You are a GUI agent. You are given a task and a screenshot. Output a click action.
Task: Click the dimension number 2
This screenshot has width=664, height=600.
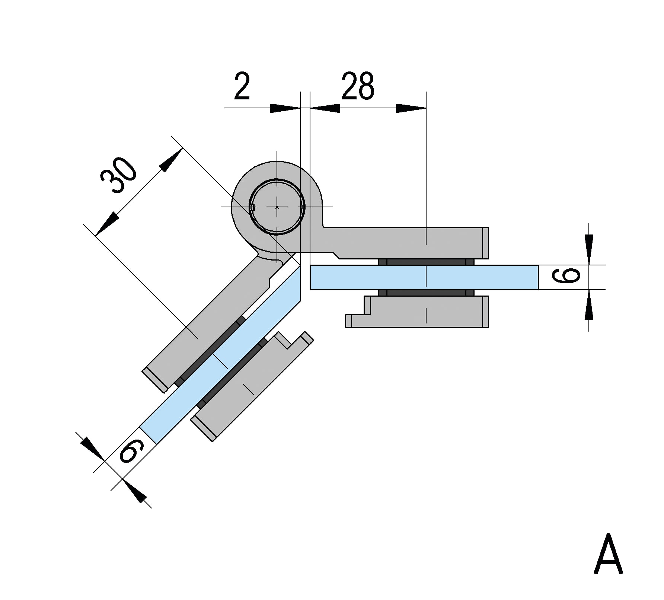[242, 87]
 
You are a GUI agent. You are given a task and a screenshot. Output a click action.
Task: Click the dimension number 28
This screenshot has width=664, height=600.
[357, 87]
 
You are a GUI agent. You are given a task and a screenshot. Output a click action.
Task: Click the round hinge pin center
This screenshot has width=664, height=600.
[277, 207]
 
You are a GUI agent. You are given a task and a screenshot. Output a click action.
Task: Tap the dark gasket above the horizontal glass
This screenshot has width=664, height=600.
[426, 262]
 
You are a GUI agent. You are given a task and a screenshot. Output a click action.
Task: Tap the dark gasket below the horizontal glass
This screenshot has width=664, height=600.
[426, 293]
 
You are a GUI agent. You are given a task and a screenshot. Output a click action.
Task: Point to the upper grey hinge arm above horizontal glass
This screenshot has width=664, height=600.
[406, 242]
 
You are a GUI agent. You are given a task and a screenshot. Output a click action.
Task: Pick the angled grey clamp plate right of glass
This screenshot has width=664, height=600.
[246, 387]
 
